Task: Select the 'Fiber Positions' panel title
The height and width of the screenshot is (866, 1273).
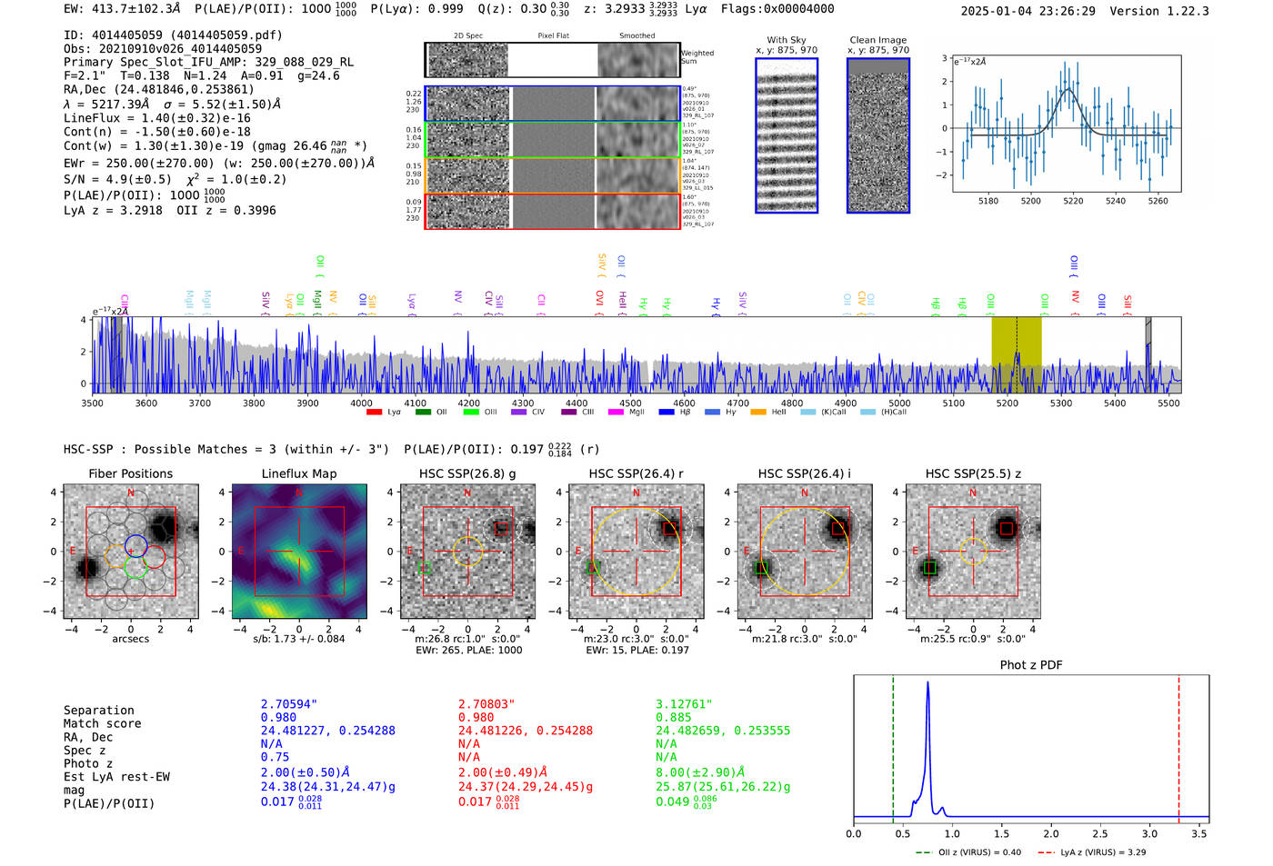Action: (x=130, y=473)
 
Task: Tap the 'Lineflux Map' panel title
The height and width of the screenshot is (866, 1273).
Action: (x=298, y=473)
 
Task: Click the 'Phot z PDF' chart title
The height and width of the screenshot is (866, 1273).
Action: (x=1031, y=665)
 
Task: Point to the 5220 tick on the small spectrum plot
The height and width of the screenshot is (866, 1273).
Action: (x=1073, y=201)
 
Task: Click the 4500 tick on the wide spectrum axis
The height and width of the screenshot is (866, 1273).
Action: (x=630, y=403)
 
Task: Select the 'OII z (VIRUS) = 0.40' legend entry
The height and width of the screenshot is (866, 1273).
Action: (x=968, y=852)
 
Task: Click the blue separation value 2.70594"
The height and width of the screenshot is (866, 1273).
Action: (x=289, y=704)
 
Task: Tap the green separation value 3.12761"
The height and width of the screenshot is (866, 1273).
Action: (x=684, y=704)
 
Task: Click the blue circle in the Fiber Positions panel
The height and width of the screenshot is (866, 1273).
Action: (x=135, y=545)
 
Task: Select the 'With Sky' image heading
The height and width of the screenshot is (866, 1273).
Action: (x=787, y=40)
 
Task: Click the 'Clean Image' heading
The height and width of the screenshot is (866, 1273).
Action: (x=877, y=40)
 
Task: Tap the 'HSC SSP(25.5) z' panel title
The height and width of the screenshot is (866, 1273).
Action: (x=973, y=473)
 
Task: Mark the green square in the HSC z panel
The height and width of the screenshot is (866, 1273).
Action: (x=929, y=568)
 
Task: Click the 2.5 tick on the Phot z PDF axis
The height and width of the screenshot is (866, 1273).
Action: (x=1100, y=833)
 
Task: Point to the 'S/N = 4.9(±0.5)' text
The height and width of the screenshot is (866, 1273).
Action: (x=117, y=180)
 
